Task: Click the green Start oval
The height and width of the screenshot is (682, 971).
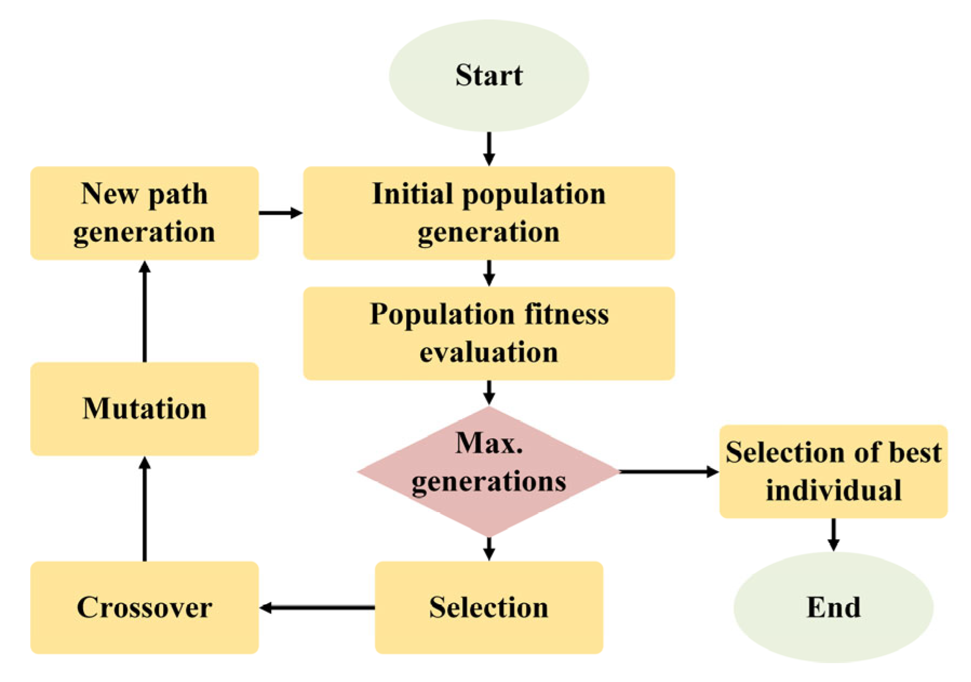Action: [x=488, y=76]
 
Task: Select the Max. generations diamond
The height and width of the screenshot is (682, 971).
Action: [x=488, y=471]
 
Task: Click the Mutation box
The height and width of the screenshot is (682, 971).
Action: [x=144, y=409]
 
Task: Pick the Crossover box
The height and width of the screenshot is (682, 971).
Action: [x=144, y=607]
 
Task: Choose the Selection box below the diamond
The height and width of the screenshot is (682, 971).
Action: [x=488, y=607]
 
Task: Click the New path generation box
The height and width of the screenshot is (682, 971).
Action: [x=144, y=213]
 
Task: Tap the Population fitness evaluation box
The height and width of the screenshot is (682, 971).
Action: [x=488, y=333]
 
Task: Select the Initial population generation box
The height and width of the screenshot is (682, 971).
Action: [x=488, y=213]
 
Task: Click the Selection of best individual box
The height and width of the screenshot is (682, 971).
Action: [x=833, y=471]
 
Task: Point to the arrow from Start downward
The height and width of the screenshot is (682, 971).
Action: [x=488, y=148]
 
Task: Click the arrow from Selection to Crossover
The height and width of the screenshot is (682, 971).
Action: [x=317, y=607]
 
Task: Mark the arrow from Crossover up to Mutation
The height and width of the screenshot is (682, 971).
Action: [x=144, y=508]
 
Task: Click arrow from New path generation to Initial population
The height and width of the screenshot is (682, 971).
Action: [x=280, y=213]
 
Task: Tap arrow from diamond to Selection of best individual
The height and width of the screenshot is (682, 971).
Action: [x=668, y=472]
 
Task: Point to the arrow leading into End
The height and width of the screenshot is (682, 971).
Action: [x=833, y=534]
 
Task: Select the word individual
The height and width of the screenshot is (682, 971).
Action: [x=833, y=490]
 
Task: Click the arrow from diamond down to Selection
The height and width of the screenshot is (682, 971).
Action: [x=488, y=548]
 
